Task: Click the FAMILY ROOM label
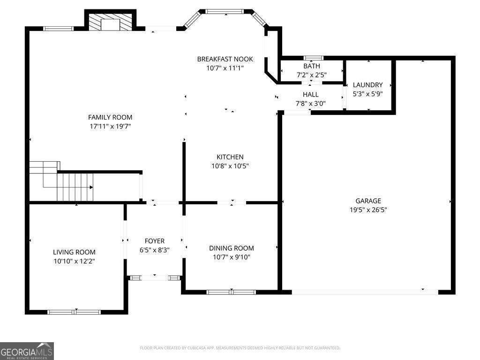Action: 110,117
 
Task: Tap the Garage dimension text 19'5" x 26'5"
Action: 368,210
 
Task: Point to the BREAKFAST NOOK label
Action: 225,59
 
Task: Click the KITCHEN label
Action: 230,157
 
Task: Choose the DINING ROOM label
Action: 232,248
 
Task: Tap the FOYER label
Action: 154,241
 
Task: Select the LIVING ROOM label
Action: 74,252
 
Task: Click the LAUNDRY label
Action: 368,85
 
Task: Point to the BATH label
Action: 312,66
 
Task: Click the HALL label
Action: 310,95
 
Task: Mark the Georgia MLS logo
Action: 27,351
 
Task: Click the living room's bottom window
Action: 74,312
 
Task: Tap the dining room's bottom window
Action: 231,292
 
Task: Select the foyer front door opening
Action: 155,278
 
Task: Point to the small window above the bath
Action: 313,58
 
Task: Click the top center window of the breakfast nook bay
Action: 225,11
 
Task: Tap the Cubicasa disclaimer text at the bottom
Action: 240,348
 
